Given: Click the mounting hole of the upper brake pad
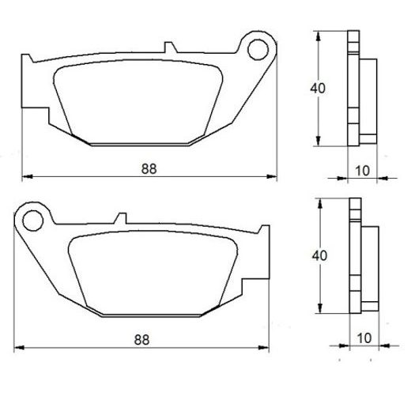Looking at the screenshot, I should pyautogui.click(x=258, y=49).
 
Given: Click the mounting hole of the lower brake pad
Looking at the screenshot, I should pyautogui.click(x=32, y=216).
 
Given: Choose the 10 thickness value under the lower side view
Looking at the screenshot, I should pyautogui.click(x=362, y=337).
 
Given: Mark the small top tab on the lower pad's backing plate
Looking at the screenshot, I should pyautogui.click(x=121, y=216).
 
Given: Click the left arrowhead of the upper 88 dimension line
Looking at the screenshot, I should pyautogui.click(x=25, y=175).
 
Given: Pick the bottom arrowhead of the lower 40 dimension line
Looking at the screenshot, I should pyautogui.click(x=320, y=311).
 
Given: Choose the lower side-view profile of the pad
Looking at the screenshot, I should pyautogui.click(x=360, y=257).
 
